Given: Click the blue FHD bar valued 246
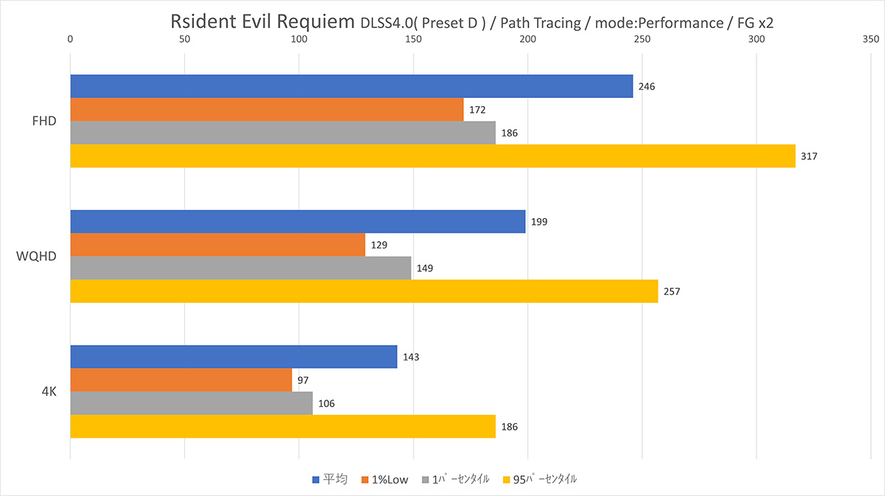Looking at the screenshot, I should tap(351, 86).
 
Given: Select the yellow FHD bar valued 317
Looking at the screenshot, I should tap(432, 156).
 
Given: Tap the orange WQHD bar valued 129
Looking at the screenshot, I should tap(218, 245).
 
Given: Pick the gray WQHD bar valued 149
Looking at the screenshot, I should tap(240, 268).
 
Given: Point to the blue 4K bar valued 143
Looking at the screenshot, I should tap(233, 357).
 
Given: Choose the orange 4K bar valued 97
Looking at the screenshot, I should tap(181, 380).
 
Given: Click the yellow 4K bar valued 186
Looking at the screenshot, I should tap(282, 426).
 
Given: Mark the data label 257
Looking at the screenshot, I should tap(671, 291).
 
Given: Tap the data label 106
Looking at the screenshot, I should tap(326, 404).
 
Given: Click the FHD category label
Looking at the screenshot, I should tap(45, 122).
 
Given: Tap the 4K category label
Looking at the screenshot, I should tap(49, 392).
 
